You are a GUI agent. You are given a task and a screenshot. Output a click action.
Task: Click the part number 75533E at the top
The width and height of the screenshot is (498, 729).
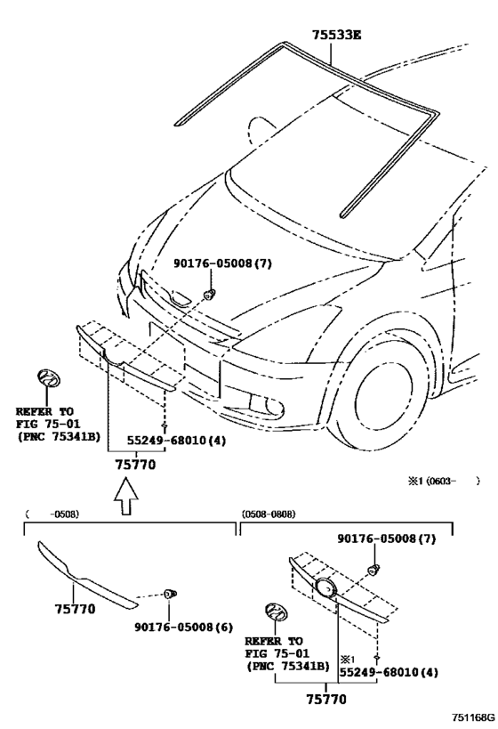tap(336, 35)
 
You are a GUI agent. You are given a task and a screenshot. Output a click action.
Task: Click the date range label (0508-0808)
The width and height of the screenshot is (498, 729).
tap(269, 514)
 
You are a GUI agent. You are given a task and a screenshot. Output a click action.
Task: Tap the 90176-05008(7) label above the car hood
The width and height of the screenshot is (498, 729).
tap(212, 264)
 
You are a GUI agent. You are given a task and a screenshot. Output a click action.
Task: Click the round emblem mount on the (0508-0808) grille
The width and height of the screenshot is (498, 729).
tap(325, 589)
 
